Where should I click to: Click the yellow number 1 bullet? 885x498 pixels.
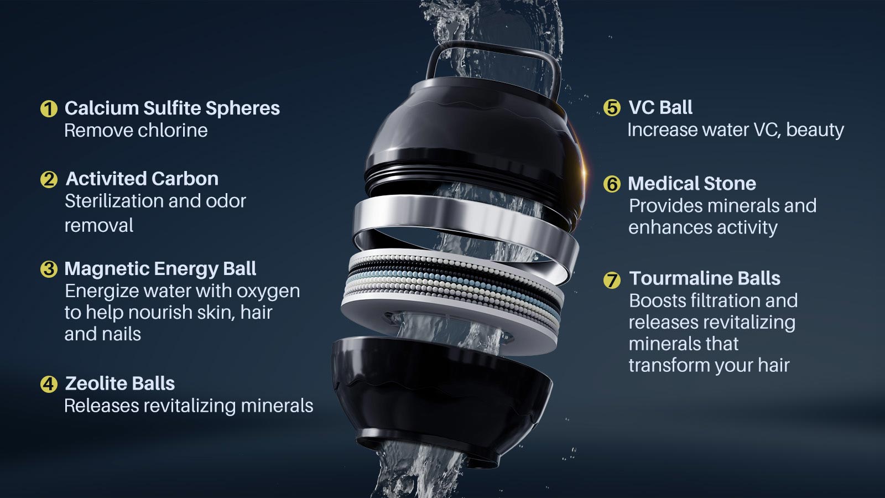(49, 108)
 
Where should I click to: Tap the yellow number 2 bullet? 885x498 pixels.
(49, 179)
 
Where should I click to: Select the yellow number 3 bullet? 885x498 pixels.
(49, 269)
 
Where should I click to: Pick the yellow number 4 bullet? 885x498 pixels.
(49, 384)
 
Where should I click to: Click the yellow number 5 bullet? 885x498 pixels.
(612, 107)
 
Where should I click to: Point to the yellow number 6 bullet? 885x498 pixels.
(612, 184)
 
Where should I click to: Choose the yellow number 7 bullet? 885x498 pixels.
(612, 280)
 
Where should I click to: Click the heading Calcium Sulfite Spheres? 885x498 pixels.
(172, 108)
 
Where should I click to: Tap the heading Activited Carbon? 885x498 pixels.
(142, 179)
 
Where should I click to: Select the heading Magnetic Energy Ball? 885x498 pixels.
(160, 269)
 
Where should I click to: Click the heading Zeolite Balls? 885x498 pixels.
(119, 383)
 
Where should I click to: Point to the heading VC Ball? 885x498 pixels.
(660, 107)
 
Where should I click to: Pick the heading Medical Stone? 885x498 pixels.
(692, 183)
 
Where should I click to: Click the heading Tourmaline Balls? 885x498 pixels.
(705, 278)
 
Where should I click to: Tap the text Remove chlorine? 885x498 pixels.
(136, 131)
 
